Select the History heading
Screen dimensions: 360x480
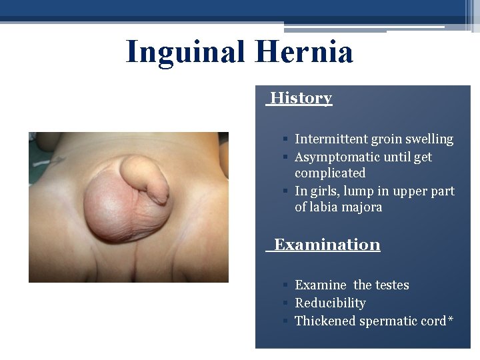click(x=301, y=98)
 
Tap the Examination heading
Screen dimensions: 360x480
click(x=327, y=245)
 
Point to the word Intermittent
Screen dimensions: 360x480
click(x=331, y=139)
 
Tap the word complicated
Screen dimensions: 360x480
click(x=330, y=173)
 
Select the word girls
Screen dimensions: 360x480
click(x=323, y=191)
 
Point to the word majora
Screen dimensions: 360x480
click(x=363, y=207)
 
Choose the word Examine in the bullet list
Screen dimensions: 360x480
click(x=321, y=285)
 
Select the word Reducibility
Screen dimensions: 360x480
click(x=330, y=303)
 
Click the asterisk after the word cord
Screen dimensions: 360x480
click(x=451, y=320)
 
